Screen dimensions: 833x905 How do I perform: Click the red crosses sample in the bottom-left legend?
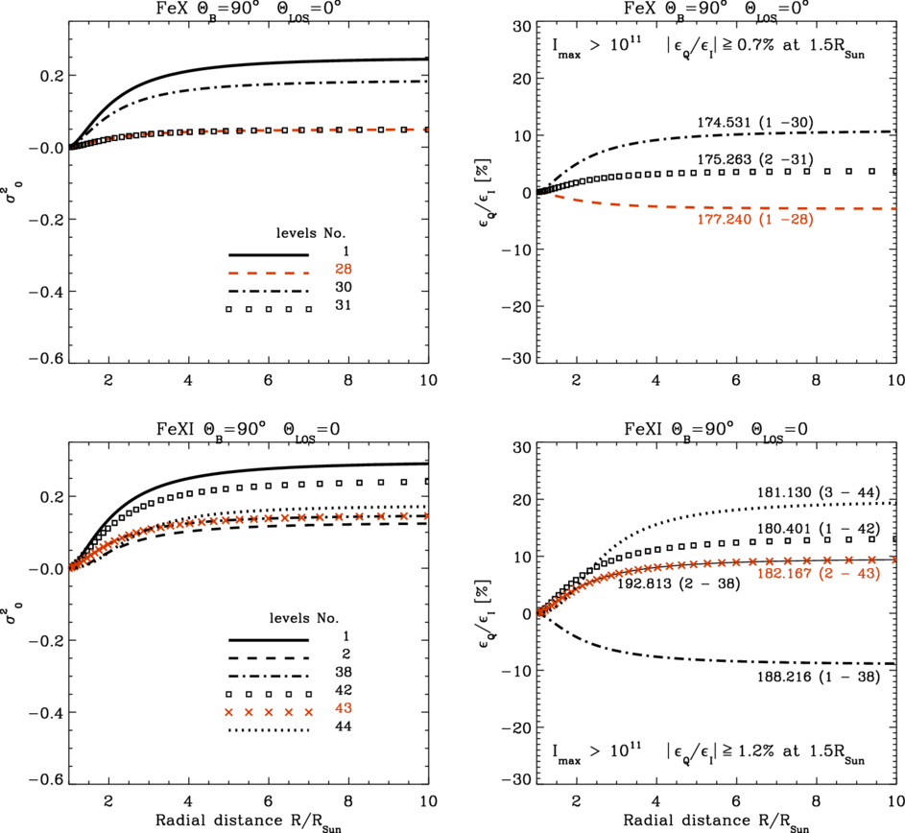point(269,711)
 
